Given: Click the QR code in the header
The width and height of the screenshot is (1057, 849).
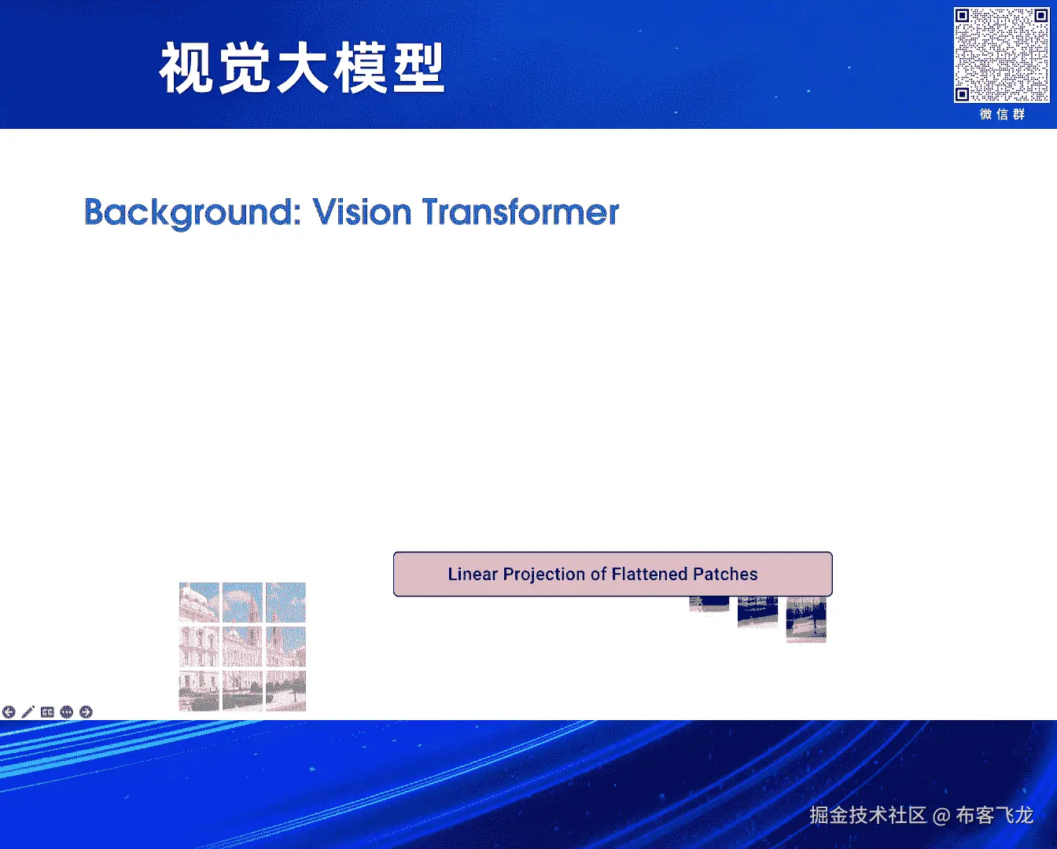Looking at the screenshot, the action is pos(1001,54).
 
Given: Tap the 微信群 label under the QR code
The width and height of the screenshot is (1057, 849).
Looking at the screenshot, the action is pos(1002,115).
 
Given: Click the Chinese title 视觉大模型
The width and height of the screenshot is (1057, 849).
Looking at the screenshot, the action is pos(301,68).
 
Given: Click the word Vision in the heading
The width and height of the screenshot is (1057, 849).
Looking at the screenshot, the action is pos(362,212).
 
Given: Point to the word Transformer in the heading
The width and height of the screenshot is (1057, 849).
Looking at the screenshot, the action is pos(521,212).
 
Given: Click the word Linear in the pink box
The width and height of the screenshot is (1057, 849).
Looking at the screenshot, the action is pos(473,574).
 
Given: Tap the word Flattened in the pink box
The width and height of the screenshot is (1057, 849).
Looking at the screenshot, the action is pos(650,574).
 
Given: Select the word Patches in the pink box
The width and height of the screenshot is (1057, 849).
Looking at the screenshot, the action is pos(725,574).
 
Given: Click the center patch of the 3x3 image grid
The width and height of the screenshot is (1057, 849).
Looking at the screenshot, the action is pos(243,647).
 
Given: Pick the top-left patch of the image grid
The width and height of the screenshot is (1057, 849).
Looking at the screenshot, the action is pos(199,602).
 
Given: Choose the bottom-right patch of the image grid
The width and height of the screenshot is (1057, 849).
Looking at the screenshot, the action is pos(285,691).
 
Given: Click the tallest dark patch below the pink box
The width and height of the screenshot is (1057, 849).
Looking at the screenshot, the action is pos(806,619).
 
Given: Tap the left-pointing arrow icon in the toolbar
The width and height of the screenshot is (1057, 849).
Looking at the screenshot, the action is pos(9,712).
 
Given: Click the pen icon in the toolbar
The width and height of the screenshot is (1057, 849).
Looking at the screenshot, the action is pos(28,712).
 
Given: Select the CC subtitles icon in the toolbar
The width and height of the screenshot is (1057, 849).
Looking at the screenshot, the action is pos(47,712).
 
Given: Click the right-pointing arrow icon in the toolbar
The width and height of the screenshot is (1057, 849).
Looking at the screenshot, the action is pos(86,712).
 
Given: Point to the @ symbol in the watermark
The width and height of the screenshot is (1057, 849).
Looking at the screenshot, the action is pos(941,816).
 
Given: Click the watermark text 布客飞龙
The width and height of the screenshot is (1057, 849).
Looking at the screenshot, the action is pos(995,815).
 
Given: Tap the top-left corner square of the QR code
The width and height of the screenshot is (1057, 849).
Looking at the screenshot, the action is pos(963,17).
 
